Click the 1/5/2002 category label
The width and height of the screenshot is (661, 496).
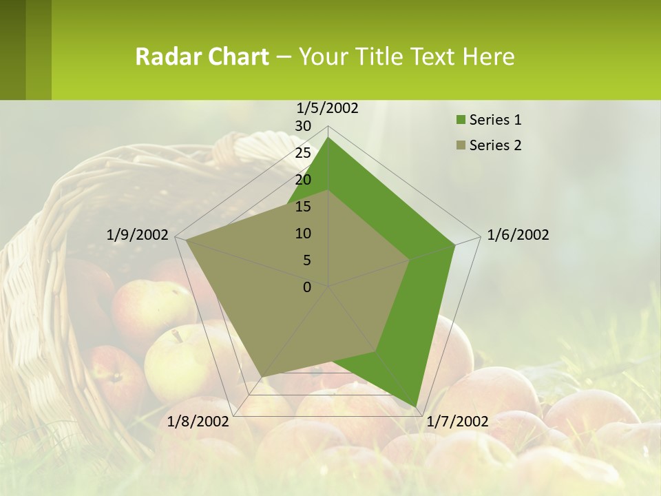pos(327,107)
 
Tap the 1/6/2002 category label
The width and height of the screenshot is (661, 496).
pos(518,235)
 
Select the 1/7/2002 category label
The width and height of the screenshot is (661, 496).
pos(457,422)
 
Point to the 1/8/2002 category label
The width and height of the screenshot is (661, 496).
pos(198,422)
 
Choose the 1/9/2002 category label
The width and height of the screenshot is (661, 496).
pos(138,235)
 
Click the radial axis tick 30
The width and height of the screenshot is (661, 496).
pos(303,126)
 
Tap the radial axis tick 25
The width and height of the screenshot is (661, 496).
pos(303,153)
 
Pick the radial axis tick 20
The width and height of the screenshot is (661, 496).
pos(303,180)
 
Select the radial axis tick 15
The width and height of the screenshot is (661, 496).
pos(303,207)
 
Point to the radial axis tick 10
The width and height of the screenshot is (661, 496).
pos(303,234)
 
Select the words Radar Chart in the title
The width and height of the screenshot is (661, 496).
pos(202,56)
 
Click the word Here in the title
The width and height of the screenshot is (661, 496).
pos(488,56)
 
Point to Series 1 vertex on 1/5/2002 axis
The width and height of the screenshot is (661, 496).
pos(328,137)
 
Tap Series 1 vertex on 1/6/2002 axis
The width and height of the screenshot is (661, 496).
pos(455,245)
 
